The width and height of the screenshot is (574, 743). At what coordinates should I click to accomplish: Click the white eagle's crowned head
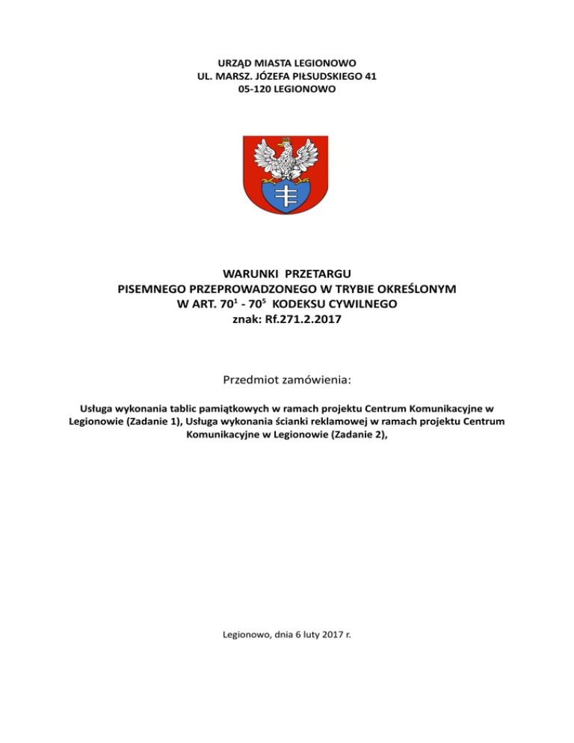(284, 145)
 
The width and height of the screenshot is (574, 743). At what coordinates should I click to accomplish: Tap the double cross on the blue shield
(287, 195)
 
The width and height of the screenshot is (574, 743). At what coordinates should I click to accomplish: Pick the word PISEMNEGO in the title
(153, 289)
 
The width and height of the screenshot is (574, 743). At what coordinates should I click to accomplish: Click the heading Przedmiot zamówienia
(287, 380)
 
